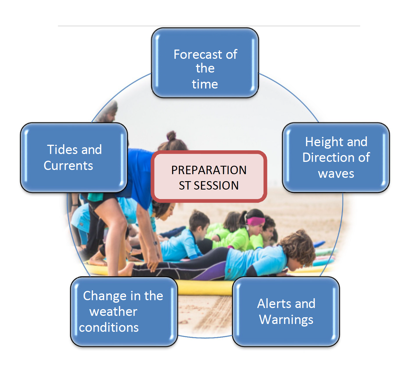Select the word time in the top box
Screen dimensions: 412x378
click(x=205, y=84)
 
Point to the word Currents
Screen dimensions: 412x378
click(x=68, y=165)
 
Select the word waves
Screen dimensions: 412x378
click(x=336, y=174)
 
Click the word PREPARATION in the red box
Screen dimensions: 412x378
click(x=209, y=170)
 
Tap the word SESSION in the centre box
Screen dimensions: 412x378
click(x=216, y=185)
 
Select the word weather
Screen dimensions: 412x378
click(x=113, y=312)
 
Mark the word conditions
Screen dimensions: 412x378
click(x=109, y=328)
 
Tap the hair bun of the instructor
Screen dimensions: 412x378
click(x=172, y=136)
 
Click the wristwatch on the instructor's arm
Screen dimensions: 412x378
click(x=156, y=243)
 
